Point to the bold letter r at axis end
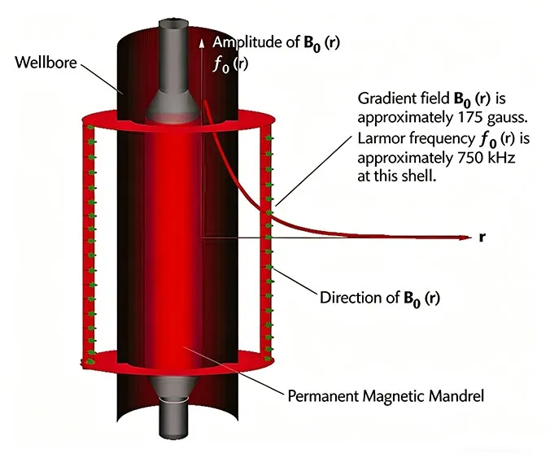483,238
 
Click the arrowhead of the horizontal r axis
464,238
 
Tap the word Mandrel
459,397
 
